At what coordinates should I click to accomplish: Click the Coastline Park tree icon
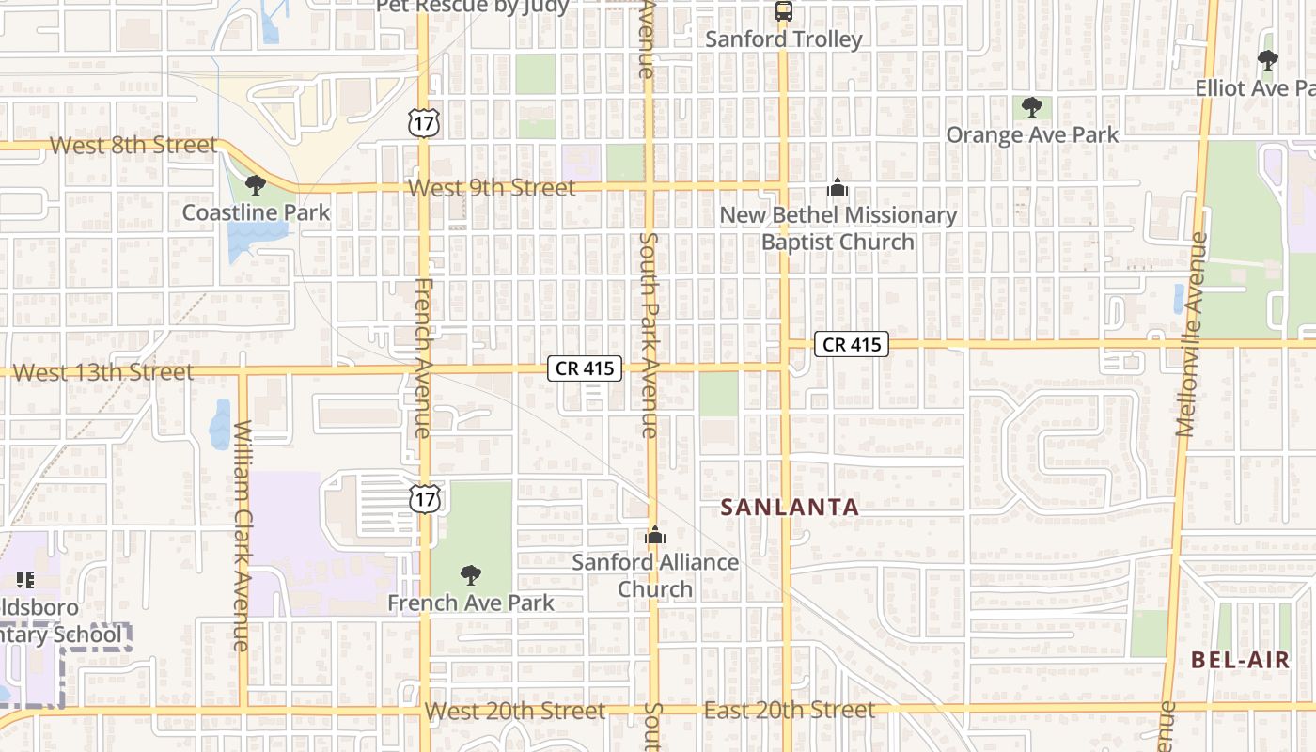point(255,185)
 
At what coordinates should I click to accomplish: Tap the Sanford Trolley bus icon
point(784,11)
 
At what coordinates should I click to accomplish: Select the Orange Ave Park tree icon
point(1032,107)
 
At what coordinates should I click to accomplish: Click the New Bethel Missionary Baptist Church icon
point(838,188)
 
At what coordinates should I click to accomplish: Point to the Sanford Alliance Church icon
point(655,536)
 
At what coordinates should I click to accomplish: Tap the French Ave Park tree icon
point(471,575)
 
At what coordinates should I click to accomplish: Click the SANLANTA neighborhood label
point(790,508)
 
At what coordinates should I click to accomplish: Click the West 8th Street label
point(133,146)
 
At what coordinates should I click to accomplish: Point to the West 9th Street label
point(492,188)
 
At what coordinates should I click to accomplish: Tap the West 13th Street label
point(103,372)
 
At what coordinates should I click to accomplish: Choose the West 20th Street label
point(514,711)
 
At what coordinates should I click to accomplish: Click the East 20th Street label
point(790,710)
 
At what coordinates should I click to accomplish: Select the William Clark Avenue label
point(242,536)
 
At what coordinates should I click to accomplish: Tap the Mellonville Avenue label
point(1190,334)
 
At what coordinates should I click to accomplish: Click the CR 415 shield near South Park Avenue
point(585,368)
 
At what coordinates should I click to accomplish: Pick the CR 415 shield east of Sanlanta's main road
point(852,344)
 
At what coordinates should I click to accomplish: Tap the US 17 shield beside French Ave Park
point(424,499)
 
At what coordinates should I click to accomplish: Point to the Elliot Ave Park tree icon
point(1268,60)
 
